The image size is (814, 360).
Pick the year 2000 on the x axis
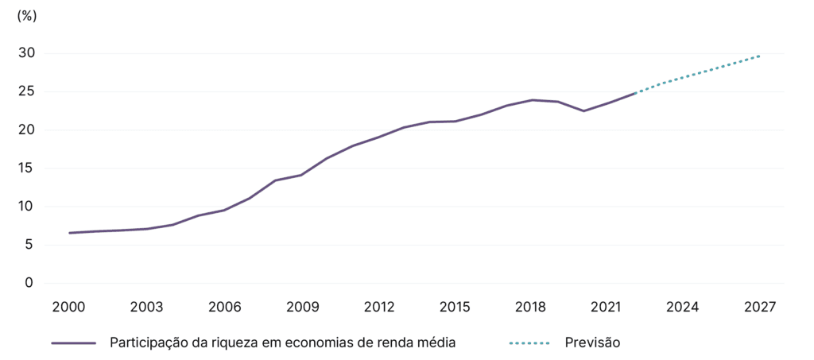(69, 307)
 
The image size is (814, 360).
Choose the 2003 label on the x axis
(146, 307)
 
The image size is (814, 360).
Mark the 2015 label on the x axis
(455, 307)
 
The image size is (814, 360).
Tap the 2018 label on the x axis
(531, 307)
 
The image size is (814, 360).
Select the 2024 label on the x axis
(683, 307)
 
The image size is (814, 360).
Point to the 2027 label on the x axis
(760, 307)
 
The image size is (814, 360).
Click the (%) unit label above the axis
(27, 15)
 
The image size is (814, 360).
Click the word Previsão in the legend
(592, 343)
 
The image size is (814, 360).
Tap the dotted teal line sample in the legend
(529, 343)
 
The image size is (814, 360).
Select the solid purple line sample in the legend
(73, 343)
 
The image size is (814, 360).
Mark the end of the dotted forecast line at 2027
(760, 56)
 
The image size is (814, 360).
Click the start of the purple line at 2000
(69, 233)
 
